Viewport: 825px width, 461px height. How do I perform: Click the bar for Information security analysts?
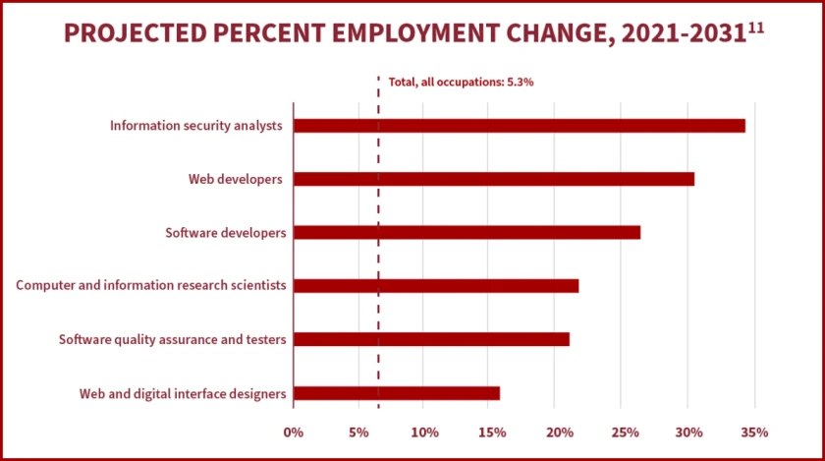519,126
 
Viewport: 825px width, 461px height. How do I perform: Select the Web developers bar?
493,179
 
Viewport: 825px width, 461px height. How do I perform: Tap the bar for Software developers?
467,233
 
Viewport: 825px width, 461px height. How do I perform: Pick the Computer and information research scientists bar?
436,286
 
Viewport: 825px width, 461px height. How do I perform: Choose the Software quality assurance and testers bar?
431,339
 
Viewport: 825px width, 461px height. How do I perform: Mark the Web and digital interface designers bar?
397,393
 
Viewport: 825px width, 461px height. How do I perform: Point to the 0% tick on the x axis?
293,432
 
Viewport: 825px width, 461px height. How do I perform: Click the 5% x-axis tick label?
358,432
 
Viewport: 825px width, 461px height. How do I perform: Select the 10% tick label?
424,432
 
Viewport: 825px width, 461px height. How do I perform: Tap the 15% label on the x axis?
491,432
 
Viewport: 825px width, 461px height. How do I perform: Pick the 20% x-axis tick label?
557,432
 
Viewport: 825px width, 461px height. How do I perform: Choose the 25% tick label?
623,432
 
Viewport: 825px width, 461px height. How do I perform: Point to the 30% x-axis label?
688,432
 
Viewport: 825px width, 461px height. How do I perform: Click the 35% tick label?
754,432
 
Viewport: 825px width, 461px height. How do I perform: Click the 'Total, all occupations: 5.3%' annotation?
461,83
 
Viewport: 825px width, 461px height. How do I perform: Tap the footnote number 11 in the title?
755,27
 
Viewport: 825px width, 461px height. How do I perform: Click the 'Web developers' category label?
236,179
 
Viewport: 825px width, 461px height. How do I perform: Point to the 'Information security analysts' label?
196,126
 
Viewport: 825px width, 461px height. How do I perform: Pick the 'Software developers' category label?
225,233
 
